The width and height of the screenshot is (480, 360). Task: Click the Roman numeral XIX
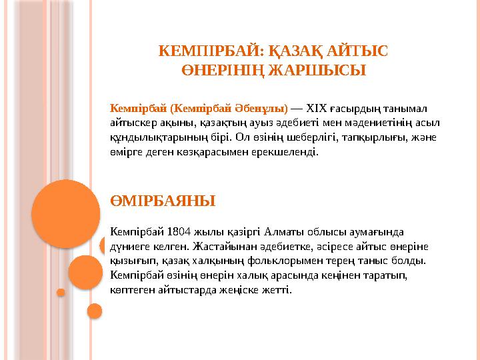coord(317,108)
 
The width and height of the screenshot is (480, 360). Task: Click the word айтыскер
coord(133,123)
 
